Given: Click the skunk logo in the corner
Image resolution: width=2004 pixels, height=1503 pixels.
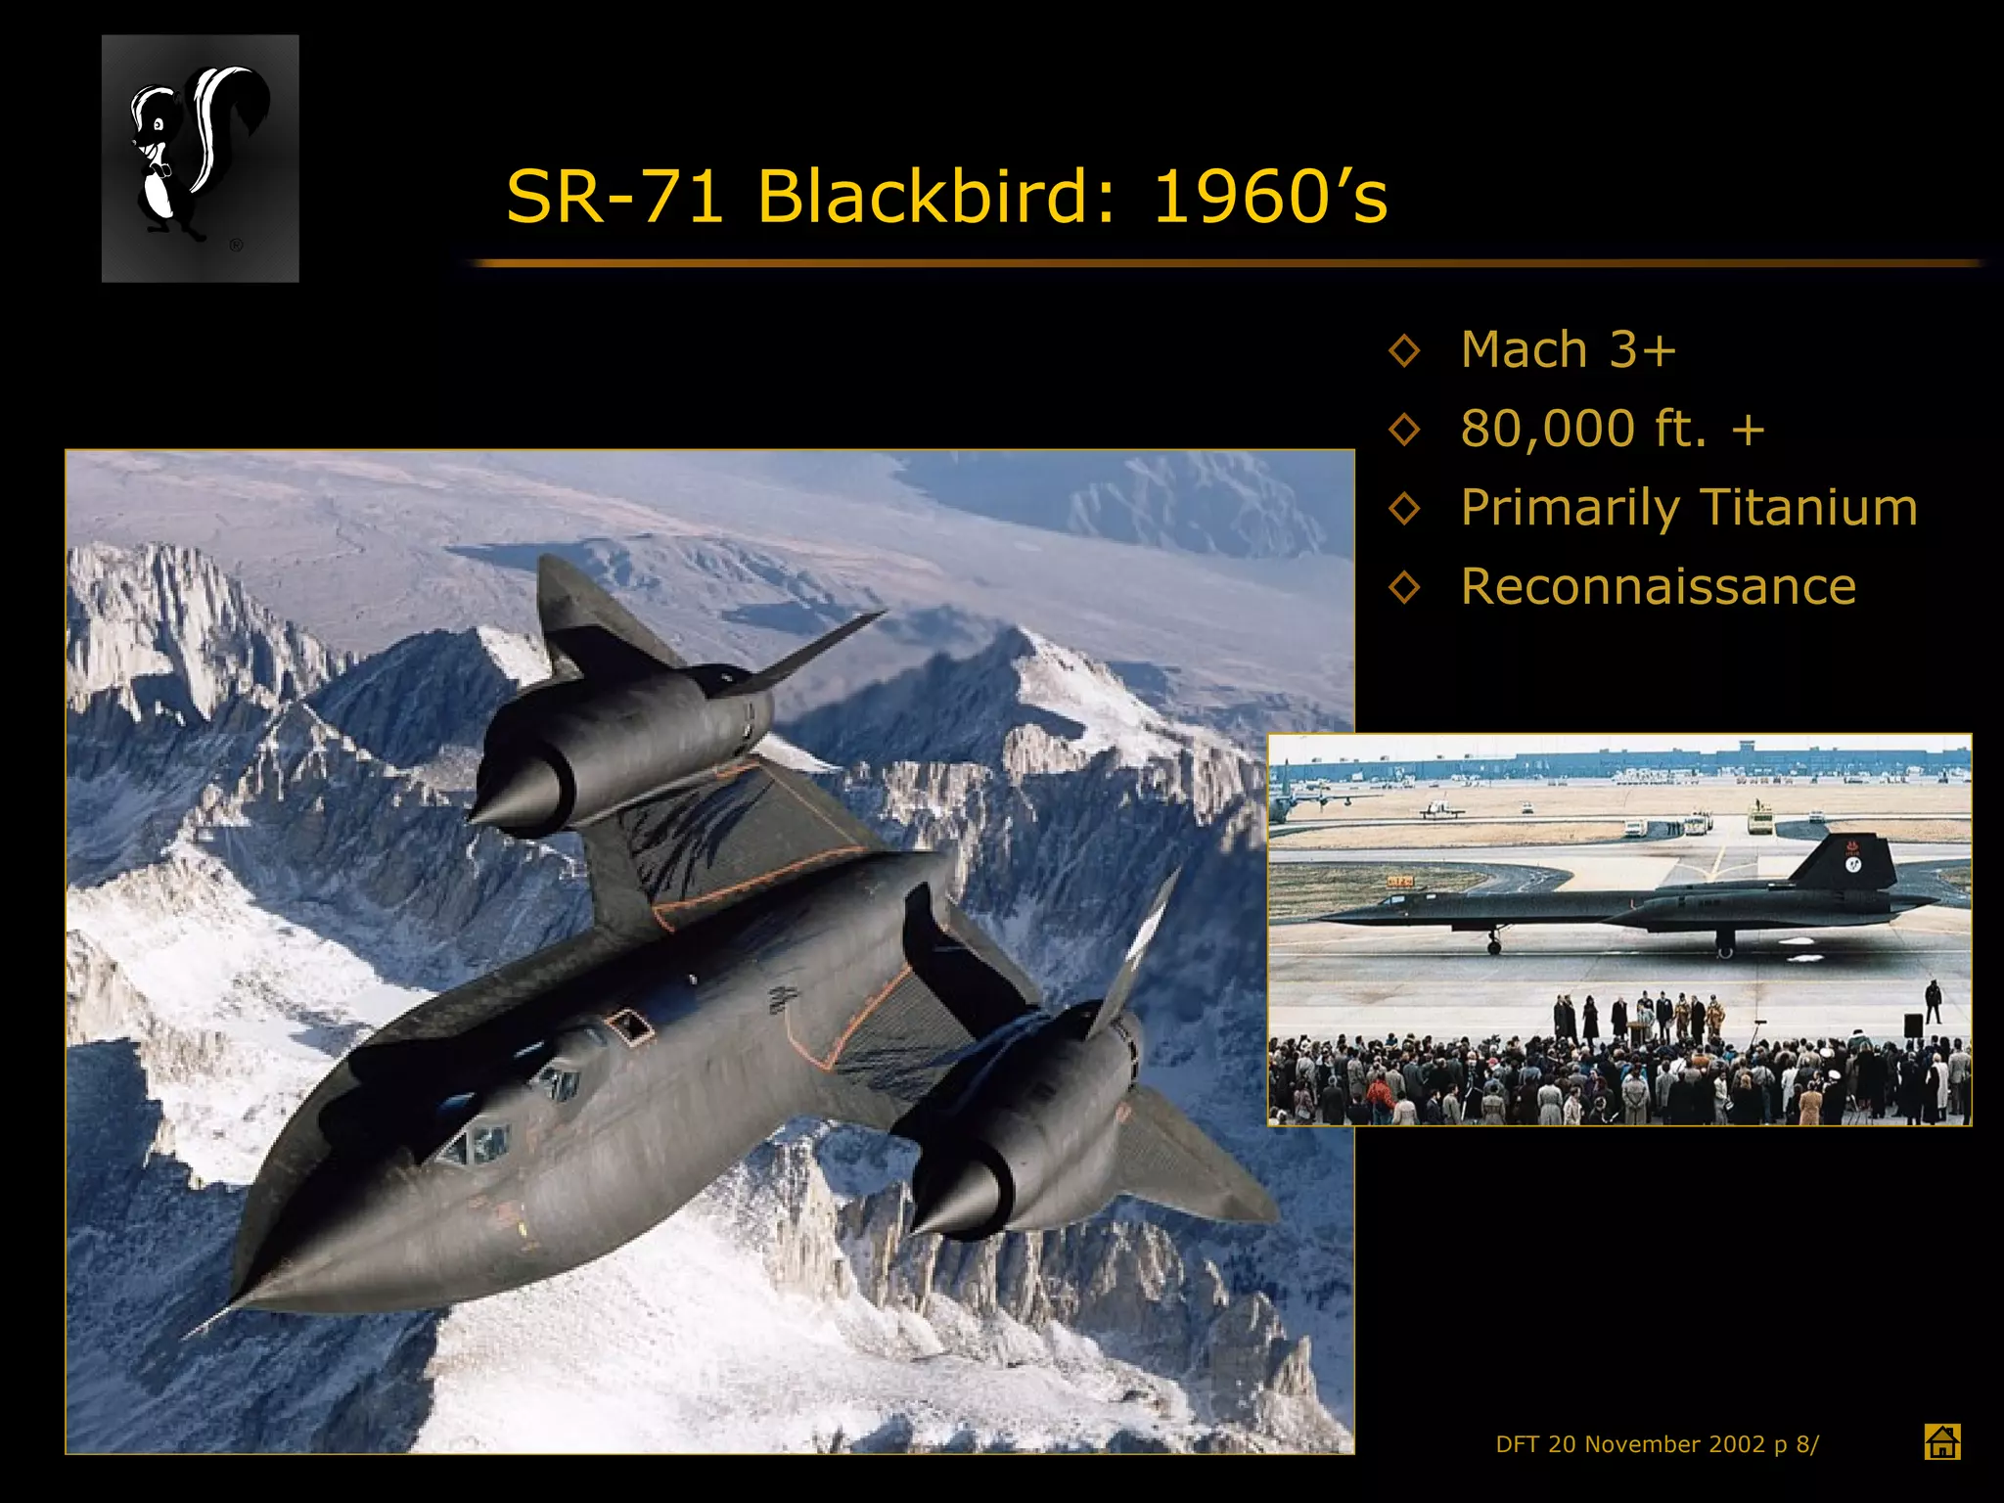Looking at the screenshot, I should [200, 159].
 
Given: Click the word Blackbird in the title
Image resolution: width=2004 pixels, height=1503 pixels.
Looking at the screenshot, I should [934, 196].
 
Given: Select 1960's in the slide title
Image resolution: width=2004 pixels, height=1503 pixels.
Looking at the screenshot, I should [1269, 196].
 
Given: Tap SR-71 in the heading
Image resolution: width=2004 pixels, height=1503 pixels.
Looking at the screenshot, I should [614, 196].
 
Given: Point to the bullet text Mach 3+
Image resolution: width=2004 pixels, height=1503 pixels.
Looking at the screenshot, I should [1568, 349].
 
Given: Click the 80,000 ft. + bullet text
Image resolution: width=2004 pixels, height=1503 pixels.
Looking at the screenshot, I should [1612, 429].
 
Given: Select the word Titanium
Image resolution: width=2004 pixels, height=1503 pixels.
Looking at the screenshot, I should [1808, 507].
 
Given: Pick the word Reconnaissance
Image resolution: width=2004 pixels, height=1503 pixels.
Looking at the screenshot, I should [1658, 586].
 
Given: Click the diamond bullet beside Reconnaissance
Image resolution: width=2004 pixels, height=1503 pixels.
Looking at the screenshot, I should [1404, 587].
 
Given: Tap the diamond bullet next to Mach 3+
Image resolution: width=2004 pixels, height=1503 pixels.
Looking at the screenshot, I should [1404, 350].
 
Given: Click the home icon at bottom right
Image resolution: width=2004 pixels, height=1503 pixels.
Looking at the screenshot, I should [1941, 1441].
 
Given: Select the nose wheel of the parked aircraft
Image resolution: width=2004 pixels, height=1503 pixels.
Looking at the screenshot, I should [1493, 945].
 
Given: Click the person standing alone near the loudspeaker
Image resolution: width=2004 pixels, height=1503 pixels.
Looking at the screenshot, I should [1933, 1000].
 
